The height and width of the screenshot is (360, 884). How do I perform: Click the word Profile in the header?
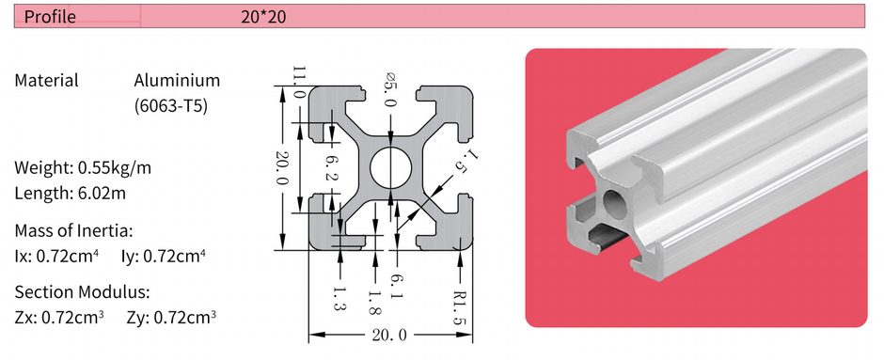coord(50,16)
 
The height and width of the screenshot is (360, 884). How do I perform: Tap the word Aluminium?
coord(177,81)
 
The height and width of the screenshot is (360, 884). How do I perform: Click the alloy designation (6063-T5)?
coord(171,105)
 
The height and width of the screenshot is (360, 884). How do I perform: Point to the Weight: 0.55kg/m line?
coord(83,168)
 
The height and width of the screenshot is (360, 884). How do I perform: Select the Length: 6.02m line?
coord(70,194)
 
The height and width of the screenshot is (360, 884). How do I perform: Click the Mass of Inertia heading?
coord(73,230)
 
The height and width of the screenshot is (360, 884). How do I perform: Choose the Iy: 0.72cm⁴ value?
coord(164,255)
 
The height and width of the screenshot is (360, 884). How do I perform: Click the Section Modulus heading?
coord(82,291)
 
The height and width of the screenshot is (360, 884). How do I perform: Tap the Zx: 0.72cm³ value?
coord(59,317)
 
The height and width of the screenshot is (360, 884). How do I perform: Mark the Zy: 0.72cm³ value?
coord(170,317)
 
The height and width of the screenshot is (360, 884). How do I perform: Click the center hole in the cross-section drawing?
coord(389,167)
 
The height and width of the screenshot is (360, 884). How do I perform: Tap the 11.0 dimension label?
coord(299,82)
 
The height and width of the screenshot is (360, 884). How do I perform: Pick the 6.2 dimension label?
coord(329,167)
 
